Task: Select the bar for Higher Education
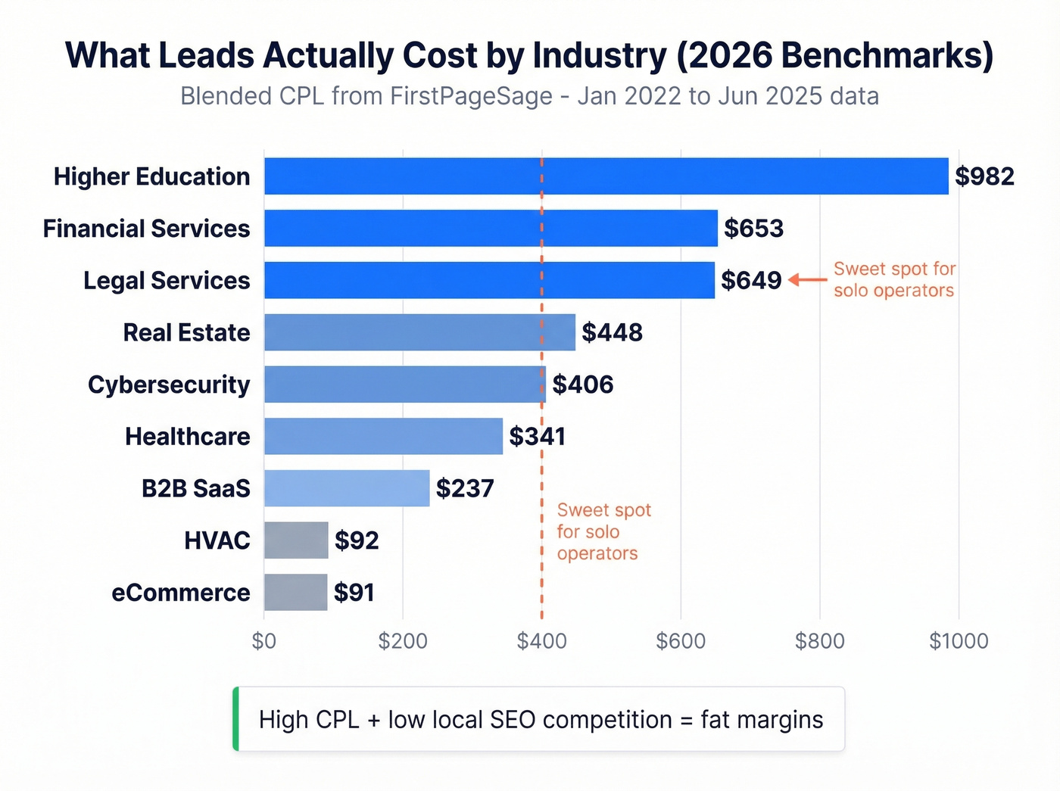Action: (x=606, y=176)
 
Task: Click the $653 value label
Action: (x=753, y=229)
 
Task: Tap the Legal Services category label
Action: (x=167, y=281)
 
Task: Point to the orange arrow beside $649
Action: (x=808, y=280)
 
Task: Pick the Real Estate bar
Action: (x=419, y=332)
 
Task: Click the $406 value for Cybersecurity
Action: (x=582, y=385)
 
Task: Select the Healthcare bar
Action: (x=383, y=437)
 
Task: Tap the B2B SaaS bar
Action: (x=347, y=488)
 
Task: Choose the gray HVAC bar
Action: (x=296, y=540)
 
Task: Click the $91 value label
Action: (x=354, y=593)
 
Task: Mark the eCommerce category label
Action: (x=181, y=593)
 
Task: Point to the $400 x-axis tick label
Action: (x=541, y=641)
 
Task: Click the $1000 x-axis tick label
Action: (x=959, y=641)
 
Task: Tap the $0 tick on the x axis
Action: (x=264, y=641)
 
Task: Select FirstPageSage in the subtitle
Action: (x=471, y=97)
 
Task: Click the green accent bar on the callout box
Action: (x=235, y=719)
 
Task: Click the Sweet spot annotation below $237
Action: (x=603, y=531)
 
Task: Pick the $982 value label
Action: (x=984, y=176)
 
